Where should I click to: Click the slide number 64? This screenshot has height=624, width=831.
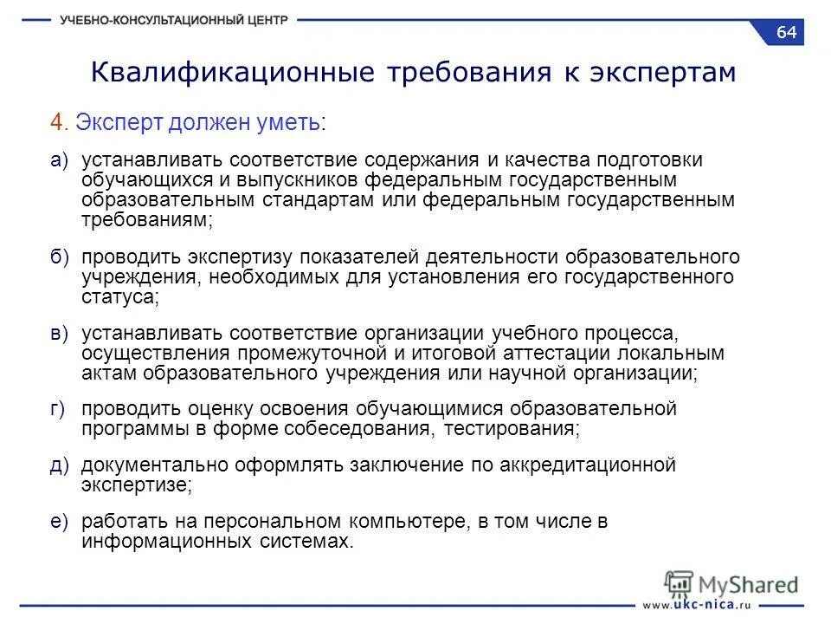click(x=786, y=32)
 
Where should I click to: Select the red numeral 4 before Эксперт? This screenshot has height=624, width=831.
click(x=55, y=123)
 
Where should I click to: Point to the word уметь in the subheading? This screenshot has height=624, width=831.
click(x=291, y=123)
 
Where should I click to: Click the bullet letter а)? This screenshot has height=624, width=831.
click(x=59, y=160)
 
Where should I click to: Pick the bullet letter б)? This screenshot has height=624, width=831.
click(x=59, y=257)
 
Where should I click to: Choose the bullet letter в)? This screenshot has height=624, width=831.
click(x=59, y=333)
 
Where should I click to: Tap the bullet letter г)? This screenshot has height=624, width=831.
click(x=58, y=409)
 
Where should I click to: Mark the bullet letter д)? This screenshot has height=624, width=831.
click(x=59, y=465)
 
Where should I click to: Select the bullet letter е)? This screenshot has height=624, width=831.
click(x=59, y=521)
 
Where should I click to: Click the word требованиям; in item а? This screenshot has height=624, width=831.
click(x=147, y=220)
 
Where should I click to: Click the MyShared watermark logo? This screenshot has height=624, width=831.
click(x=731, y=583)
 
